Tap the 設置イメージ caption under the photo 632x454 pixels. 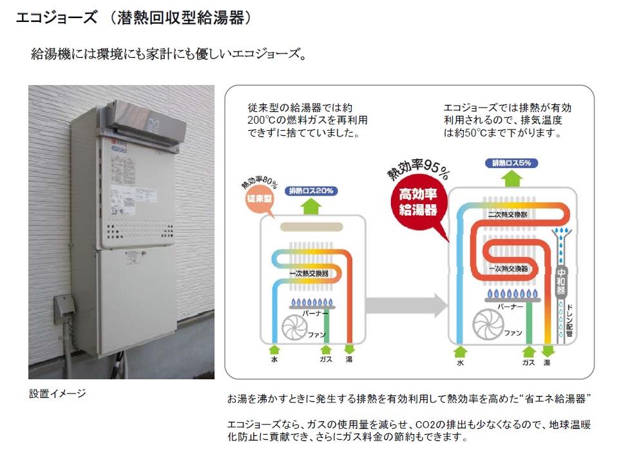(x=57, y=393)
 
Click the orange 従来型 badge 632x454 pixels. (x=261, y=197)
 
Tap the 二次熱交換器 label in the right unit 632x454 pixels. (x=508, y=214)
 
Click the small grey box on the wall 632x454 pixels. (x=62, y=307)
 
